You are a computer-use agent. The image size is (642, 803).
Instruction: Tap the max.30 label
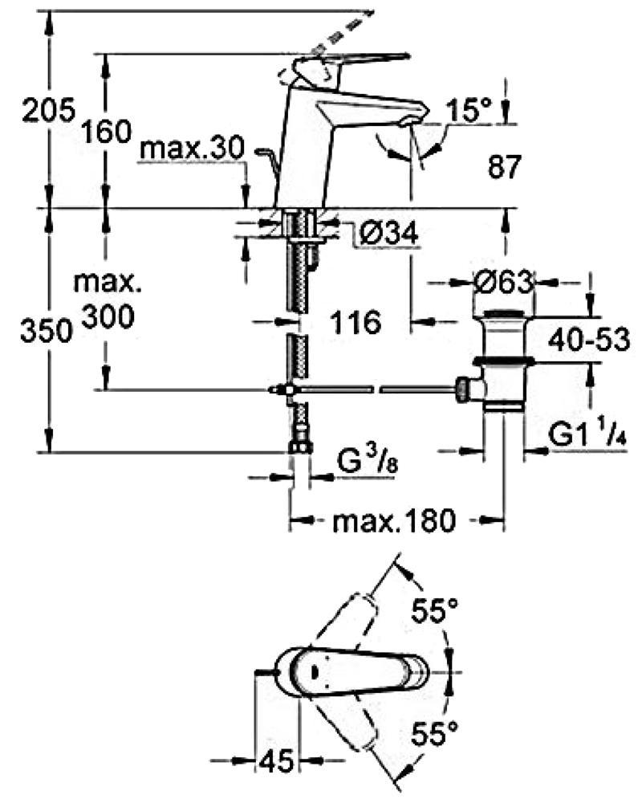click(192, 149)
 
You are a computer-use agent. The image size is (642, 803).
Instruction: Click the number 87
click(504, 166)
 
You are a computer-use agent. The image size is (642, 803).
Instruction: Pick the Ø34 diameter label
click(388, 233)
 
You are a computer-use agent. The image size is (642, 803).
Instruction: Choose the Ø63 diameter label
click(504, 282)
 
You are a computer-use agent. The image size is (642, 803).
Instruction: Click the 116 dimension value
click(356, 322)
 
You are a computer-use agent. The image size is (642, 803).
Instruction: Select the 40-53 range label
click(589, 340)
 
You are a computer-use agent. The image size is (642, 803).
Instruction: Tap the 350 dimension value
click(46, 330)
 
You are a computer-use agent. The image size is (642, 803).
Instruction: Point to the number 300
click(108, 316)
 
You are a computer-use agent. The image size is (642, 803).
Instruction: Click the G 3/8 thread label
click(368, 463)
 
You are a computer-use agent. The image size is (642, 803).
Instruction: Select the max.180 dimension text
click(394, 521)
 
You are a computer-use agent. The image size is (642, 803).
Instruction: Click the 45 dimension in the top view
click(276, 760)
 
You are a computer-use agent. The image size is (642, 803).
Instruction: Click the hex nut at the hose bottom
click(300, 446)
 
